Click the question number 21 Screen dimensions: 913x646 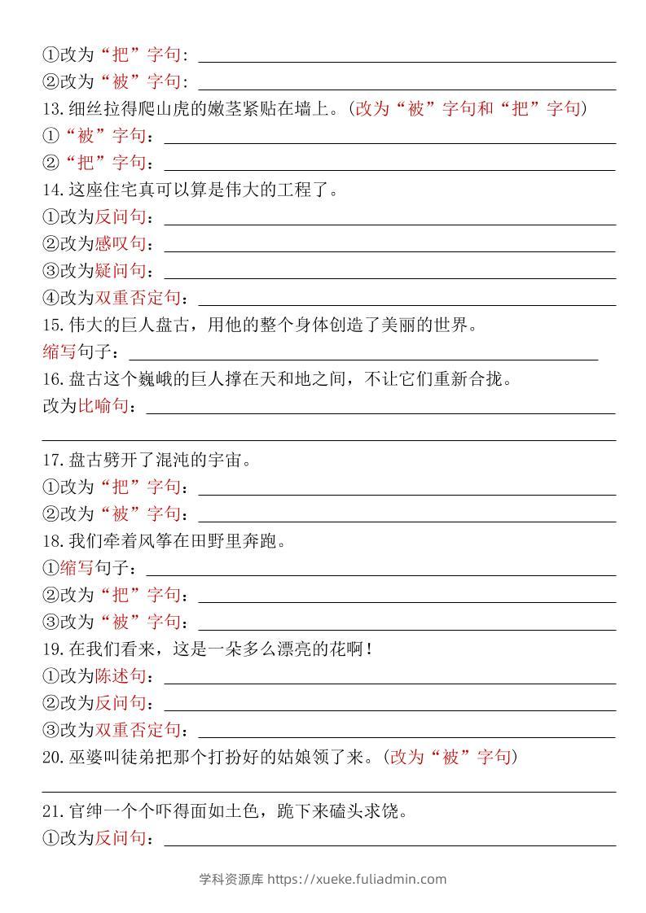point(52,811)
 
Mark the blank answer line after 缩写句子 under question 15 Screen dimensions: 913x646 point(363,356)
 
